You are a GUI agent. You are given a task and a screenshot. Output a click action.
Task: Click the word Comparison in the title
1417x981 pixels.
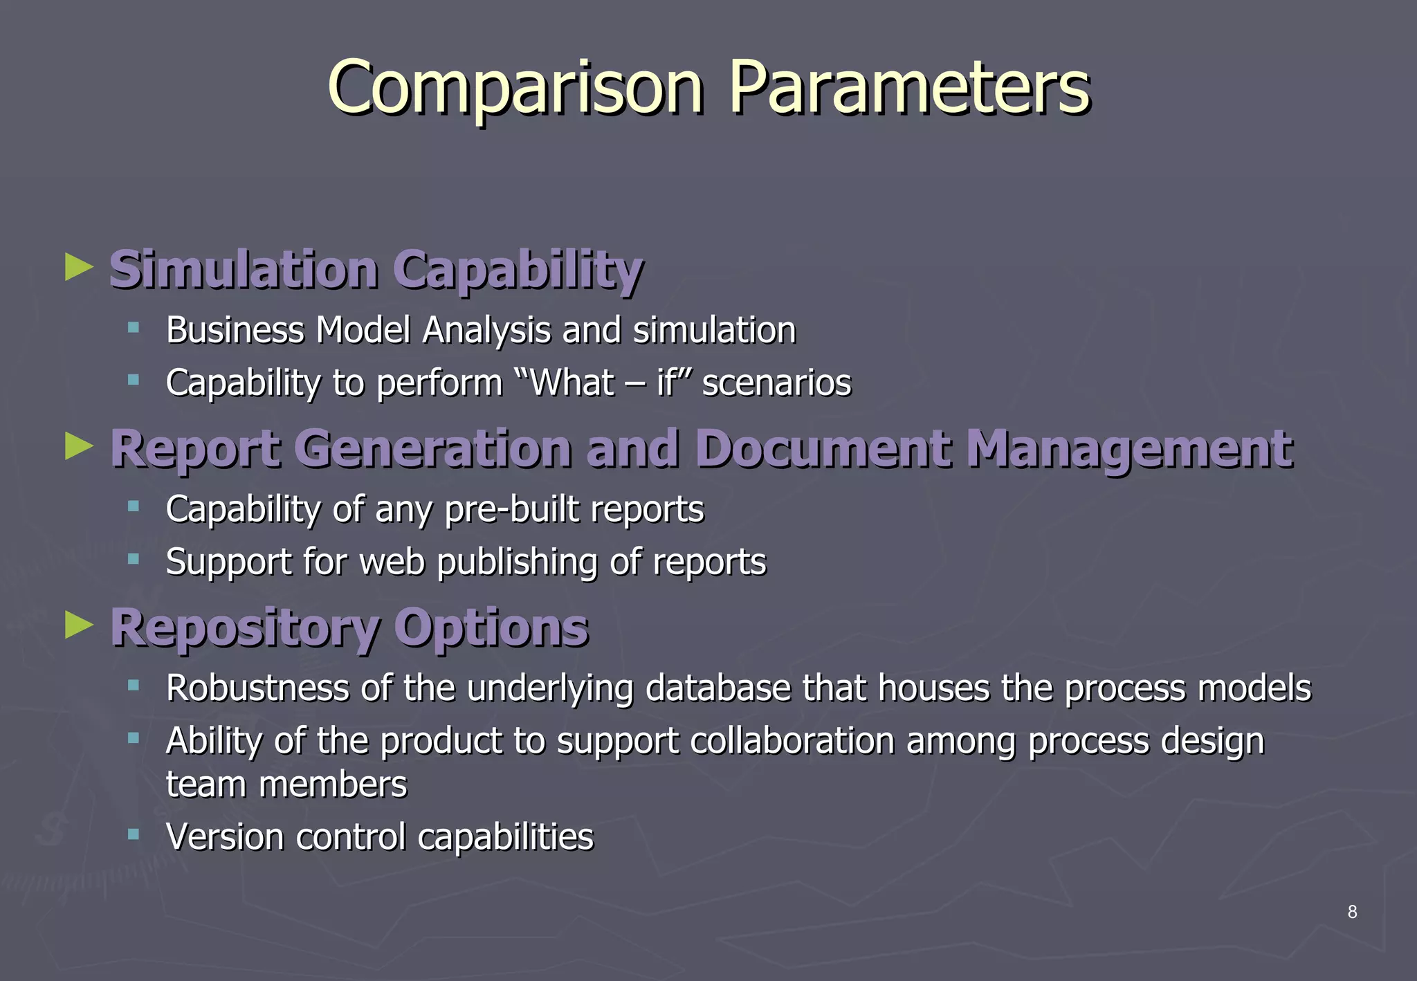point(515,88)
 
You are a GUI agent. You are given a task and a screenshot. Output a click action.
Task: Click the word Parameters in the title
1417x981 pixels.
point(909,88)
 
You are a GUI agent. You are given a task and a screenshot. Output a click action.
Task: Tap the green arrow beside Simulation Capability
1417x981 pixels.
point(78,267)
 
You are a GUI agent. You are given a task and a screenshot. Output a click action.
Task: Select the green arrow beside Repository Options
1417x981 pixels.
point(78,625)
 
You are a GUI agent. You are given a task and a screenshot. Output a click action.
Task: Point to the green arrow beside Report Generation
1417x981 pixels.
point(78,446)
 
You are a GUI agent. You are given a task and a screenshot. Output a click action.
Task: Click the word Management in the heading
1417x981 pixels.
point(1128,450)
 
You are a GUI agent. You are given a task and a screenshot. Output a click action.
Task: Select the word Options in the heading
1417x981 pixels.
point(491,629)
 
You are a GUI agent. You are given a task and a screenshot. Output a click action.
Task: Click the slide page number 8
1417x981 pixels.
point(1352,912)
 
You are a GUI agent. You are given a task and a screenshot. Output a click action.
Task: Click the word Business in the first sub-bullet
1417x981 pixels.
point(235,330)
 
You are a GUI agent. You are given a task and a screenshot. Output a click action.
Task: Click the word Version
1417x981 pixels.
point(225,837)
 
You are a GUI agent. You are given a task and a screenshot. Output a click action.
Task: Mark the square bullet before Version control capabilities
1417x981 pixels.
point(134,835)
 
